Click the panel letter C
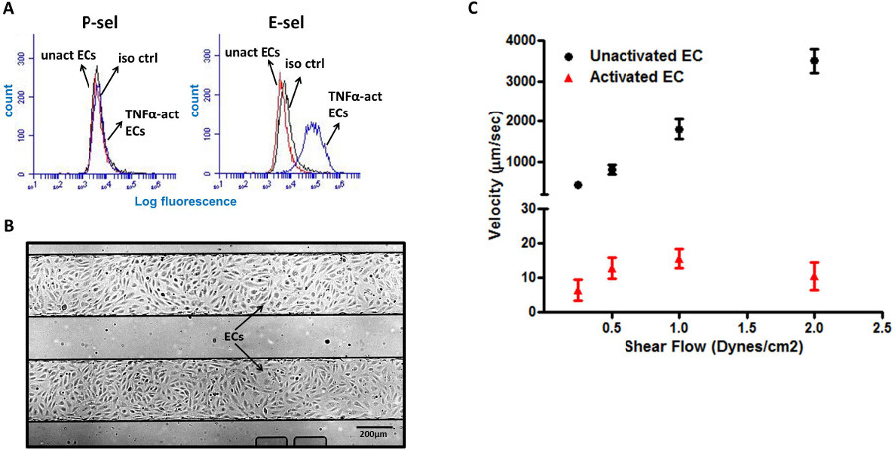point(472,9)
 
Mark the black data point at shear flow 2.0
point(814,61)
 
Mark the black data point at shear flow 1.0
point(679,129)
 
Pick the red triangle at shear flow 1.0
point(679,261)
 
